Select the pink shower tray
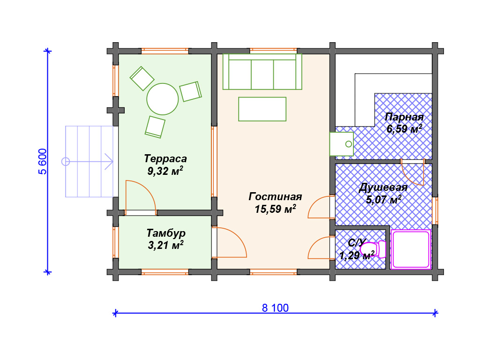(411, 249)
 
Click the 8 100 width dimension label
(275, 307)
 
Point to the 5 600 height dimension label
(43, 161)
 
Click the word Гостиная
(275, 196)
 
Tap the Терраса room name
(165, 158)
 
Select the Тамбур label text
(166, 233)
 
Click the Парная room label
(404, 117)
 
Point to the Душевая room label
(383, 187)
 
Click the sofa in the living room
(262, 72)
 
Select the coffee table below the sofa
(262, 109)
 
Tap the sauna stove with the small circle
(341, 144)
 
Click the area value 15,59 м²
(275, 209)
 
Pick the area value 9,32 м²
(165, 171)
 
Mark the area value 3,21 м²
(165, 245)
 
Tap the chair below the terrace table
(155, 127)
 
